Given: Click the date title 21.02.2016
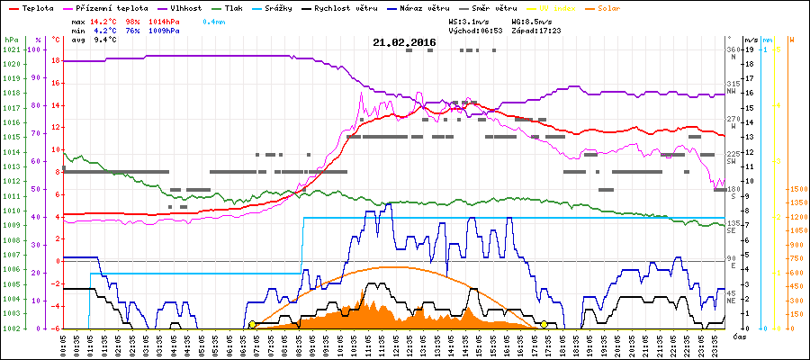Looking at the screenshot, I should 404,42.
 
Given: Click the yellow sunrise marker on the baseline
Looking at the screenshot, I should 252,324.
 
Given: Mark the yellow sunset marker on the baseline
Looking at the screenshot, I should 544,324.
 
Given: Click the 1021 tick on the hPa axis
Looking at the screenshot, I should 11,49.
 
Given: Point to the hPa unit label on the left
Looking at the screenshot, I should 11,40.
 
